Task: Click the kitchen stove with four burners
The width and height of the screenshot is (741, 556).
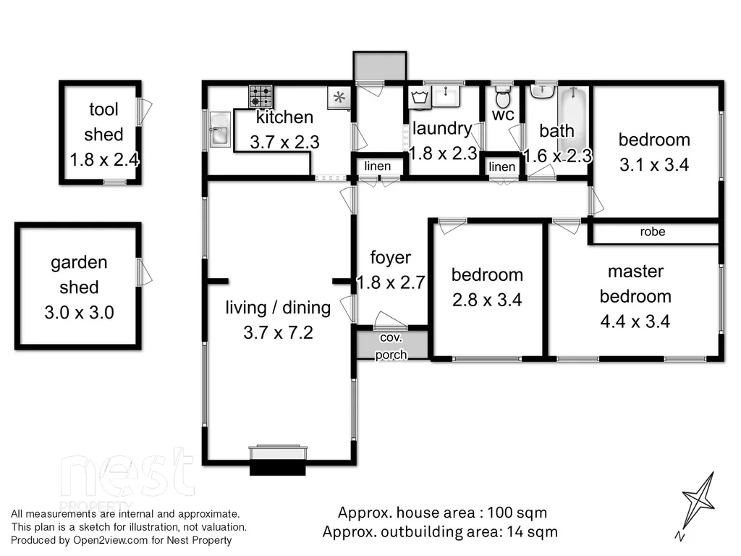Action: tap(261, 96)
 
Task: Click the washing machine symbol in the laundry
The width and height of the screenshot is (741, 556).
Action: tap(420, 98)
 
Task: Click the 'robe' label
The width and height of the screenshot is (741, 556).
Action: tap(653, 232)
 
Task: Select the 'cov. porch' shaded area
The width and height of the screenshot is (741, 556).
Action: tap(391, 346)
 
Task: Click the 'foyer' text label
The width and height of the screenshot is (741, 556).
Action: tap(391, 258)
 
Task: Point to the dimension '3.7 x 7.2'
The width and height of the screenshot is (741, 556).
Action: tap(278, 333)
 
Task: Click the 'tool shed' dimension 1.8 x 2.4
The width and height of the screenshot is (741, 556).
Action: tap(104, 160)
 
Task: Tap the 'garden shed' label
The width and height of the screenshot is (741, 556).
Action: tap(79, 275)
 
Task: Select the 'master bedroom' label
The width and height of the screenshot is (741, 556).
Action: tap(635, 284)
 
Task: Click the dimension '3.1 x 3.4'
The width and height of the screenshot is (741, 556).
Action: tap(654, 165)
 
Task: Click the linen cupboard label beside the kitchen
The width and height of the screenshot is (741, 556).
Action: tap(378, 167)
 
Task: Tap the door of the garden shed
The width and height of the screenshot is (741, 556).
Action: tap(145, 274)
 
